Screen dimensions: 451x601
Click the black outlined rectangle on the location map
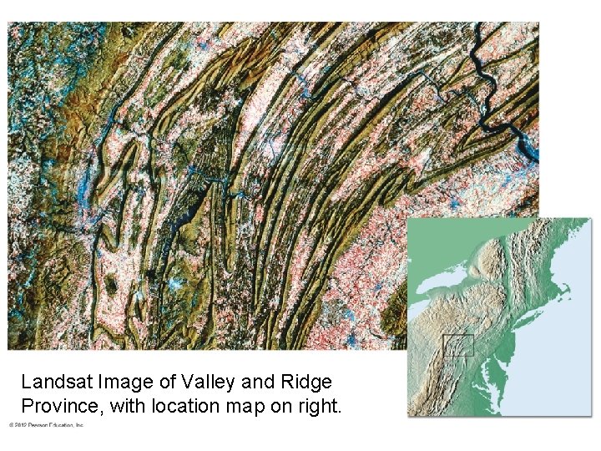[457, 345]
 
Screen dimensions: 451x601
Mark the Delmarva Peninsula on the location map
[496, 373]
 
